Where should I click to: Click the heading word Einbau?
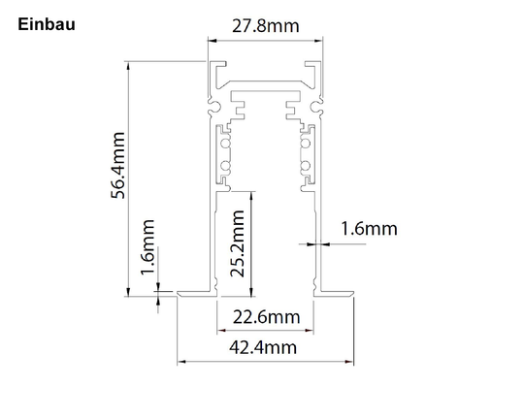47,24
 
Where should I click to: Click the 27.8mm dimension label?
266,26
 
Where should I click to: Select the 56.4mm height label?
118,166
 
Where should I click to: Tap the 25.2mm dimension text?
238,243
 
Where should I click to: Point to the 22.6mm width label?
266,317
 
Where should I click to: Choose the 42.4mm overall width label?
263,347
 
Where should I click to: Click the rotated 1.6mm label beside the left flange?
147,247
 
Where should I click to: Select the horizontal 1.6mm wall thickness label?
369,229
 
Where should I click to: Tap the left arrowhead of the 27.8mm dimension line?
213,41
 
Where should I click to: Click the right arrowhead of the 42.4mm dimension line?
349,362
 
